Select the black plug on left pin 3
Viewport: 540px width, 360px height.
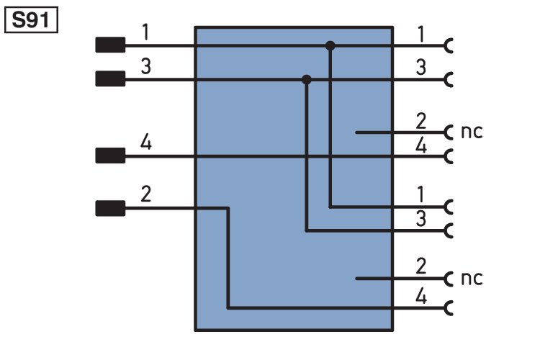coord(110,79)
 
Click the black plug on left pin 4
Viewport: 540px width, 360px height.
coord(110,156)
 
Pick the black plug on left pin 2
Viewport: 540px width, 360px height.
coord(110,209)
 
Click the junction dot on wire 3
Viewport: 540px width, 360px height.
coord(307,79)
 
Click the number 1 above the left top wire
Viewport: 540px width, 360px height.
coord(145,32)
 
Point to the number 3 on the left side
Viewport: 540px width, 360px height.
coord(145,66)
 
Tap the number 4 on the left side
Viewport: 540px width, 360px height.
coord(145,143)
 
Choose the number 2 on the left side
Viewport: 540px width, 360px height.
coord(145,196)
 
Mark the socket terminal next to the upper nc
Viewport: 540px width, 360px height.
coord(450,132)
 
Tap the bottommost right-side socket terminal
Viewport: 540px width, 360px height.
coord(450,308)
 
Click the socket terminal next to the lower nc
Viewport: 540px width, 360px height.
coord(450,279)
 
